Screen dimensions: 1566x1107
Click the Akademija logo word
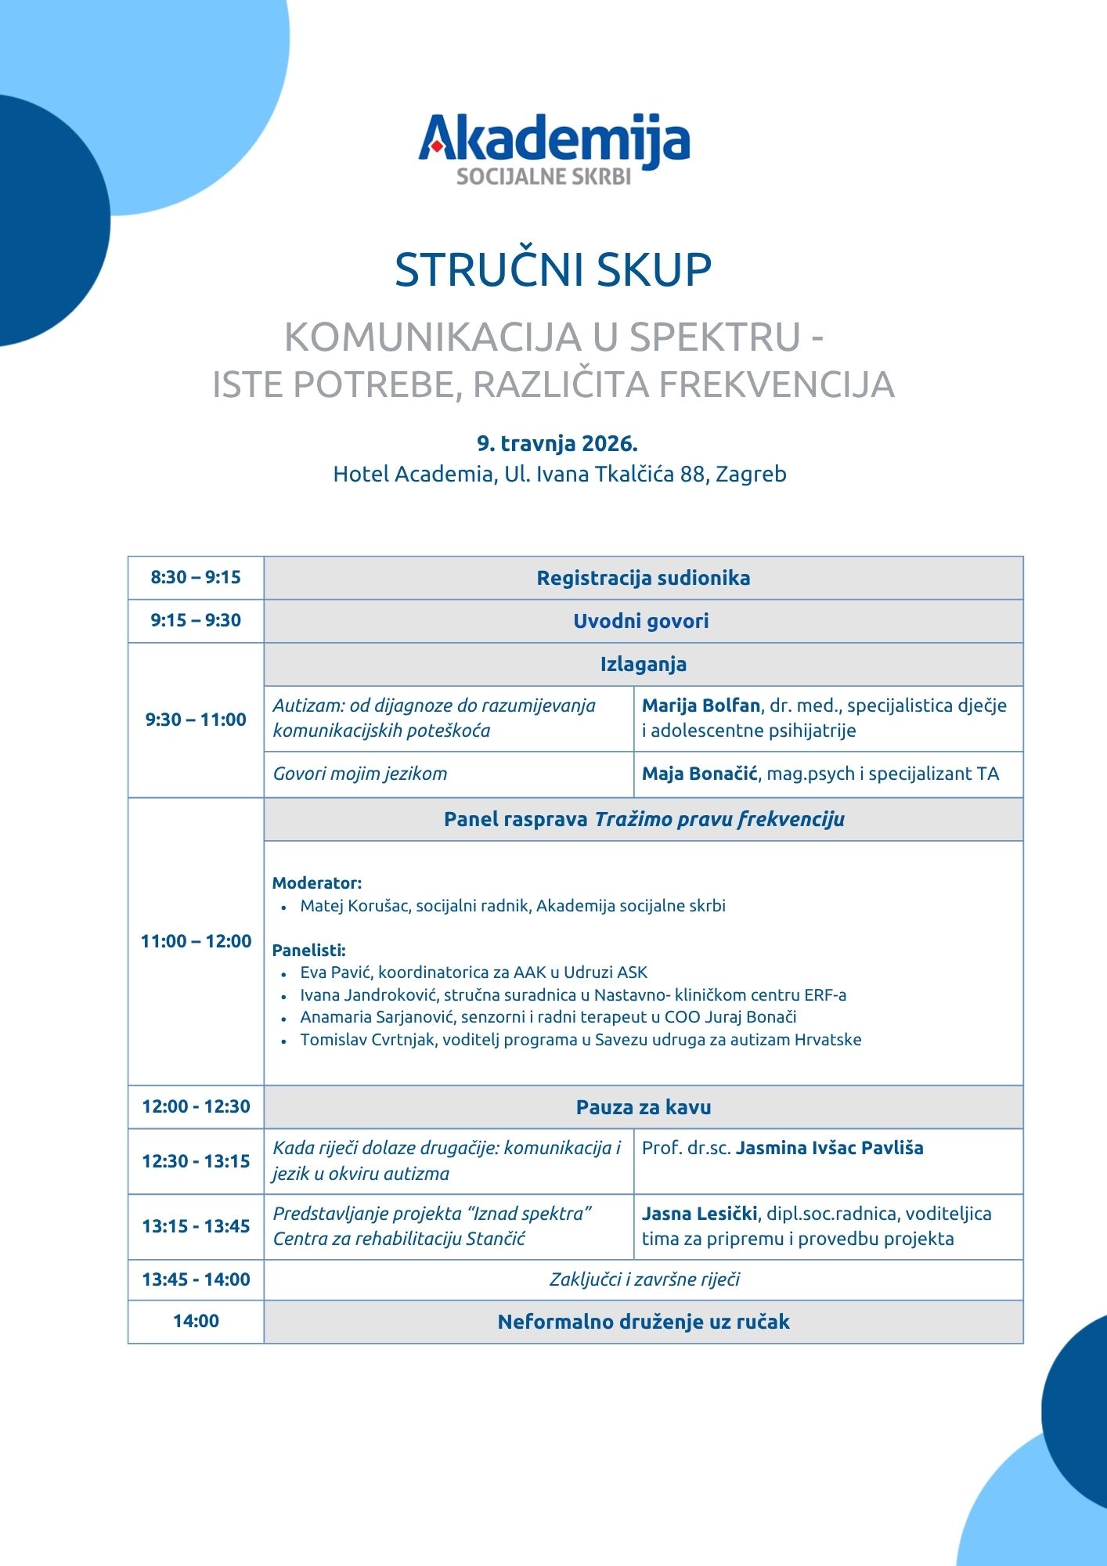pos(553,139)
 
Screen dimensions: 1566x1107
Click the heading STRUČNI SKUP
pos(553,270)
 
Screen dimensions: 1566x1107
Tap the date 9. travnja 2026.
pos(557,444)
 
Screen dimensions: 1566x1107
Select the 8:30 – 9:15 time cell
pos(196,578)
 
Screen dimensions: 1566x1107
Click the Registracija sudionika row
pos(643,578)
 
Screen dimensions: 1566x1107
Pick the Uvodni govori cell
pos(641,621)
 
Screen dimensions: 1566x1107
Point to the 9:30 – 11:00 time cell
pos(196,720)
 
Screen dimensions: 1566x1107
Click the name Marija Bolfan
pos(701,705)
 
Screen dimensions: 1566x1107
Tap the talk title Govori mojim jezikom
pos(360,774)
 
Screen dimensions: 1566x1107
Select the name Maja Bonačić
pos(699,774)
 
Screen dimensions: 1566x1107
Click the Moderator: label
pos(317,883)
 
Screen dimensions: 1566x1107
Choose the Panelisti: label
pos(309,951)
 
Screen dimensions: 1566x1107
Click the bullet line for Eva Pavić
pos(474,972)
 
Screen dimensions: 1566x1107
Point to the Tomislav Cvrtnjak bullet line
pos(580,1040)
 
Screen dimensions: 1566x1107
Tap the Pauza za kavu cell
pos(643,1107)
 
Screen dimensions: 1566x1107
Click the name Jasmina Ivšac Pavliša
pos(829,1148)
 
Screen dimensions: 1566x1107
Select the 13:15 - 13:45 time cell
pos(196,1226)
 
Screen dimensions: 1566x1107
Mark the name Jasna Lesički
pos(699,1214)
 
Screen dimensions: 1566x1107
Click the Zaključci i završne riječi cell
pos(644,1279)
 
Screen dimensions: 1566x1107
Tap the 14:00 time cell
pos(196,1321)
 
